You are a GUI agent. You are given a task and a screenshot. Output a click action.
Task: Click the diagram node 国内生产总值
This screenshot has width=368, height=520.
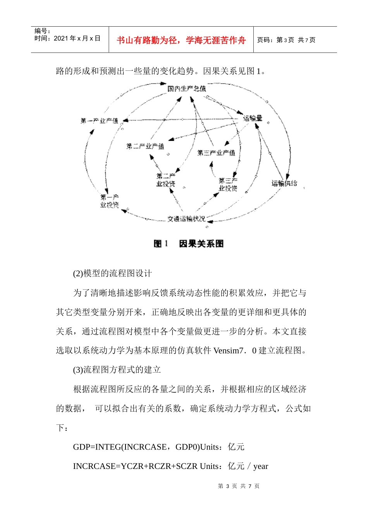click(x=187, y=89)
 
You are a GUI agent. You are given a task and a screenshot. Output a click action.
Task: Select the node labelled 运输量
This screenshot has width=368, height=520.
click(x=253, y=118)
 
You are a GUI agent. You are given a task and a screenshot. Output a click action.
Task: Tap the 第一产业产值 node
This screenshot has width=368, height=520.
click(x=99, y=121)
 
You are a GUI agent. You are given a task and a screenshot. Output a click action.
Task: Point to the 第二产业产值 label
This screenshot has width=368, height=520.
click(x=145, y=146)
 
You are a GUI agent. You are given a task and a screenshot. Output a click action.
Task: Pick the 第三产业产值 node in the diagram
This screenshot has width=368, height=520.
click(x=216, y=153)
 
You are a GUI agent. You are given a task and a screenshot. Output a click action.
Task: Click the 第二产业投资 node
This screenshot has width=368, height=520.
click(x=166, y=180)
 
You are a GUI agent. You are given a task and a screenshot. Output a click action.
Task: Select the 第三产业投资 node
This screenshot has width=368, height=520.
click(x=228, y=185)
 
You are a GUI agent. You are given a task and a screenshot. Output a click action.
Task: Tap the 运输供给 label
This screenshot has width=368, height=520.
click(x=284, y=183)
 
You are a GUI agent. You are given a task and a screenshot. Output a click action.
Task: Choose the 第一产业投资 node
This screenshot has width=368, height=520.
click(x=110, y=201)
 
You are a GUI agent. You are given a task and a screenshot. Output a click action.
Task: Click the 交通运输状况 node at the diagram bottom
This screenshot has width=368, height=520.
click(x=186, y=219)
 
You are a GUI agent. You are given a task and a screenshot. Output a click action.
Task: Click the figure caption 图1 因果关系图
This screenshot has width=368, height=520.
click(x=189, y=244)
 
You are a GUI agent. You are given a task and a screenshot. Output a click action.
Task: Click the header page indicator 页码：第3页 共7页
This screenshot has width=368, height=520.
click(x=286, y=40)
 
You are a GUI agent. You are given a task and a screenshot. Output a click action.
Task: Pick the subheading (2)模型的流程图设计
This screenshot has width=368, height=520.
click(x=112, y=274)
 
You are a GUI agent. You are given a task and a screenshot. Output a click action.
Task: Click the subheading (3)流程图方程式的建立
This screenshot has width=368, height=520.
click(x=117, y=370)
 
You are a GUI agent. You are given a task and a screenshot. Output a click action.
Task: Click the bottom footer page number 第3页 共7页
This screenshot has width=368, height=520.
click(x=239, y=486)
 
